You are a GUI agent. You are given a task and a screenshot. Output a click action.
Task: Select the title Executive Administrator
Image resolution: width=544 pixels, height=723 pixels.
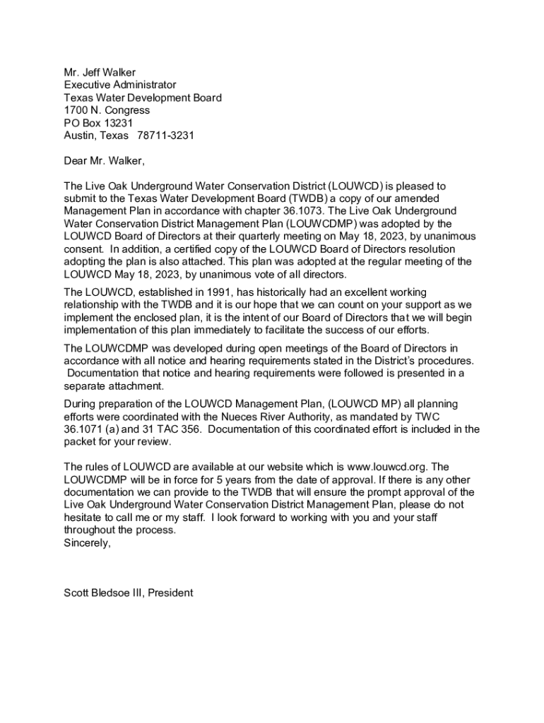coord(120,85)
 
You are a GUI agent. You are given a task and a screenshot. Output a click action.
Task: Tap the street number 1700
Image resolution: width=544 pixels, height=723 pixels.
coord(76,110)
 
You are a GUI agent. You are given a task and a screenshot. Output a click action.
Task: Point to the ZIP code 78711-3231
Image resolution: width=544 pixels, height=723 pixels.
coord(166,136)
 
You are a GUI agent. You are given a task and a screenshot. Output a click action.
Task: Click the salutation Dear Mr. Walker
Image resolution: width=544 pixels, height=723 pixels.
coord(104,161)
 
